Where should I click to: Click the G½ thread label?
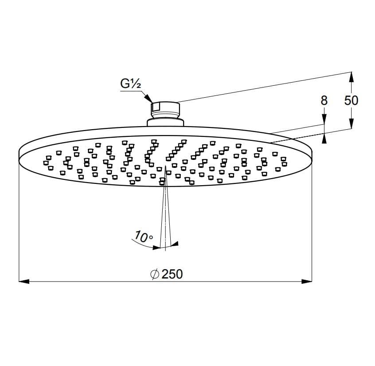(130, 84)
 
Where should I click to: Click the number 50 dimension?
(351, 100)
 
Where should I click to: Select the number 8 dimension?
(324, 100)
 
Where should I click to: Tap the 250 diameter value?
(172, 274)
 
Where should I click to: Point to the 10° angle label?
(144, 237)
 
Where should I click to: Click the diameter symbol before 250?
(155, 274)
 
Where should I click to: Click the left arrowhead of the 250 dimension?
(24, 282)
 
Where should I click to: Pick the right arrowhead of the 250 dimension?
(307, 282)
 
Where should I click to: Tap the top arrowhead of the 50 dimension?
(352, 77)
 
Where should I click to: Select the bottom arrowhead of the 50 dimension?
(352, 123)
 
